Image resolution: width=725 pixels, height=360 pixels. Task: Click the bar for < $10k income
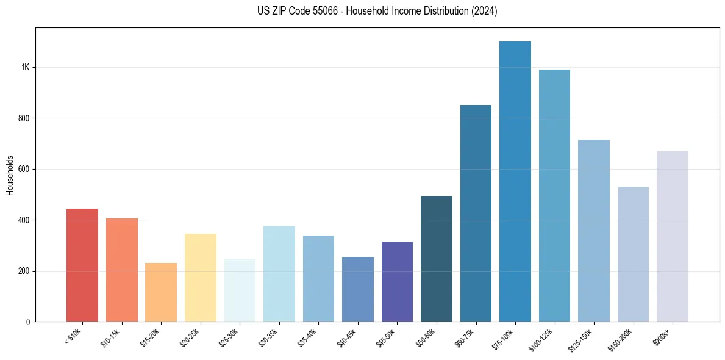click(x=82, y=265)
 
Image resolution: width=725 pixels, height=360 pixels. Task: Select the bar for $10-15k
click(x=122, y=270)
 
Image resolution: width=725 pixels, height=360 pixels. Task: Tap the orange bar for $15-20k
click(x=161, y=292)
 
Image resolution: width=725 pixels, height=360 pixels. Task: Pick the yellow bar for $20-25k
click(x=201, y=278)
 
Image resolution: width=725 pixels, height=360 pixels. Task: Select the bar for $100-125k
click(x=554, y=196)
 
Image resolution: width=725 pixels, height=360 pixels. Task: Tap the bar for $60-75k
click(x=476, y=214)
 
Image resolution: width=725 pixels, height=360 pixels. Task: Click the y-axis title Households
click(x=10, y=175)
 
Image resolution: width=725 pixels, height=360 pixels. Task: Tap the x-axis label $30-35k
click(x=269, y=337)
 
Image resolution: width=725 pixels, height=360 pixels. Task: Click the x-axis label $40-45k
click(x=348, y=337)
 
